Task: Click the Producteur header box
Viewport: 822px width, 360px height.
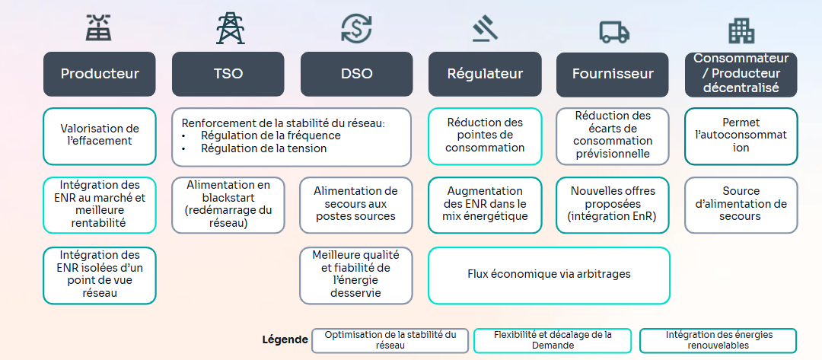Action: [x=100, y=74]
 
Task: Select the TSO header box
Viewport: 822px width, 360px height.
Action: [x=228, y=74]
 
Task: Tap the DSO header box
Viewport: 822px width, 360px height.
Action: [x=357, y=74]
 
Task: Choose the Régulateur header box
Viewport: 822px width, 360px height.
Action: [x=485, y=74]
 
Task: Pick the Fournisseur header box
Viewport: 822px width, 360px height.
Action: [x=613, y=74]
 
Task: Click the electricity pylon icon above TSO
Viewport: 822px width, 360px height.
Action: [x=230, y=28]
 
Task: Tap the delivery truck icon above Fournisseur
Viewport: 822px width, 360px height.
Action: [x=613, y=30]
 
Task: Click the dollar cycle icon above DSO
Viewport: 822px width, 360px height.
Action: [x=356, y=28]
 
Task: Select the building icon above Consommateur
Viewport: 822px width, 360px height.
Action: [x=741, y=30]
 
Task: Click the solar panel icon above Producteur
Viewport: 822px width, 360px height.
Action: [x=99, y=28]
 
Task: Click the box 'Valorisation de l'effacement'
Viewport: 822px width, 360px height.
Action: [x=100, y=135]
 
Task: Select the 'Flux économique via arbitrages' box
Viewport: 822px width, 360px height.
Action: [x=549, y=275]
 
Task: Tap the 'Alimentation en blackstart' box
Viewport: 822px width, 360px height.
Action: [x=228, y=204]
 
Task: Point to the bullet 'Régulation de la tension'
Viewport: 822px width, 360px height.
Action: [x=263, y=148]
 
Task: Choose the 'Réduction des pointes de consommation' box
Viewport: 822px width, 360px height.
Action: [x=485, y=135]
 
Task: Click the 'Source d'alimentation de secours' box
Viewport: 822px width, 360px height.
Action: [x=741, y=204]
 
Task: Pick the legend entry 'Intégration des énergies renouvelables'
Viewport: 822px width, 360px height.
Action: [x=718, y=340]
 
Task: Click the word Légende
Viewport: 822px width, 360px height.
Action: [x=285, y=340]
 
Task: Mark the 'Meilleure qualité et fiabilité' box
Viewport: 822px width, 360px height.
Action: [x=356, y=275]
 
